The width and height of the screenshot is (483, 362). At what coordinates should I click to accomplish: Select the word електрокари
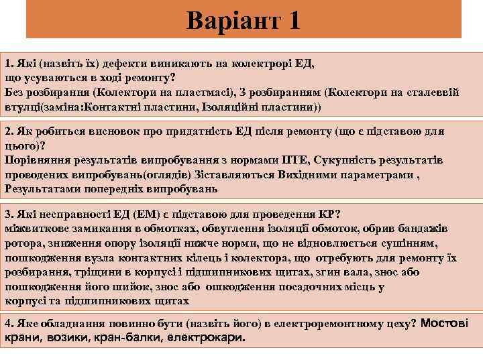(209, 337)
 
